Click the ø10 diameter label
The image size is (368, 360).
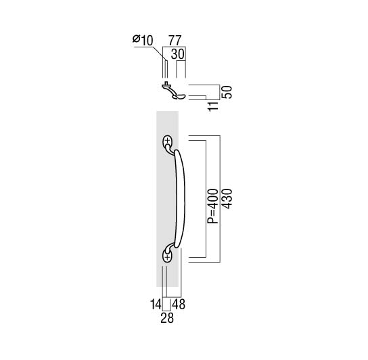click(143, 40)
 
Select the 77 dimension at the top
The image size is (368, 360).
click(175, 41)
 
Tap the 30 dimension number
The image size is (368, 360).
click(178, 54)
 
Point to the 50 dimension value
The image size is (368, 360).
click(227, 92)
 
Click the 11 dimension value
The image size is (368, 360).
click(214, 106)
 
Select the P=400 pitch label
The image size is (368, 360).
click(213, 206)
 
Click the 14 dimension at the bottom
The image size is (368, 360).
click(156, 305)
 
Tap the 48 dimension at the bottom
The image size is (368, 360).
click(179, 305)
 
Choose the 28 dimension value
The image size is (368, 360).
click(167, 318)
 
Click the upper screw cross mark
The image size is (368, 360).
click(167, 141)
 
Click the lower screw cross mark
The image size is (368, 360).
click(167, 257)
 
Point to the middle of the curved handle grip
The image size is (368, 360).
click(181, 199)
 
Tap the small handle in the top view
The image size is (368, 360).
click(174, 91)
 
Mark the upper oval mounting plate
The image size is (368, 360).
click(168, 142)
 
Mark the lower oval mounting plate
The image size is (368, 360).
click(168, 255)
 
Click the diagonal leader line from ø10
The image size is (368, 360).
click(160, 54)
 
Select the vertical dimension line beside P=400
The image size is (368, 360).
click(206, 199)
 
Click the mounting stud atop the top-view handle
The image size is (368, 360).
click(166, 83)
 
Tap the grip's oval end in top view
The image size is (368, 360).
click(181, 96)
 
